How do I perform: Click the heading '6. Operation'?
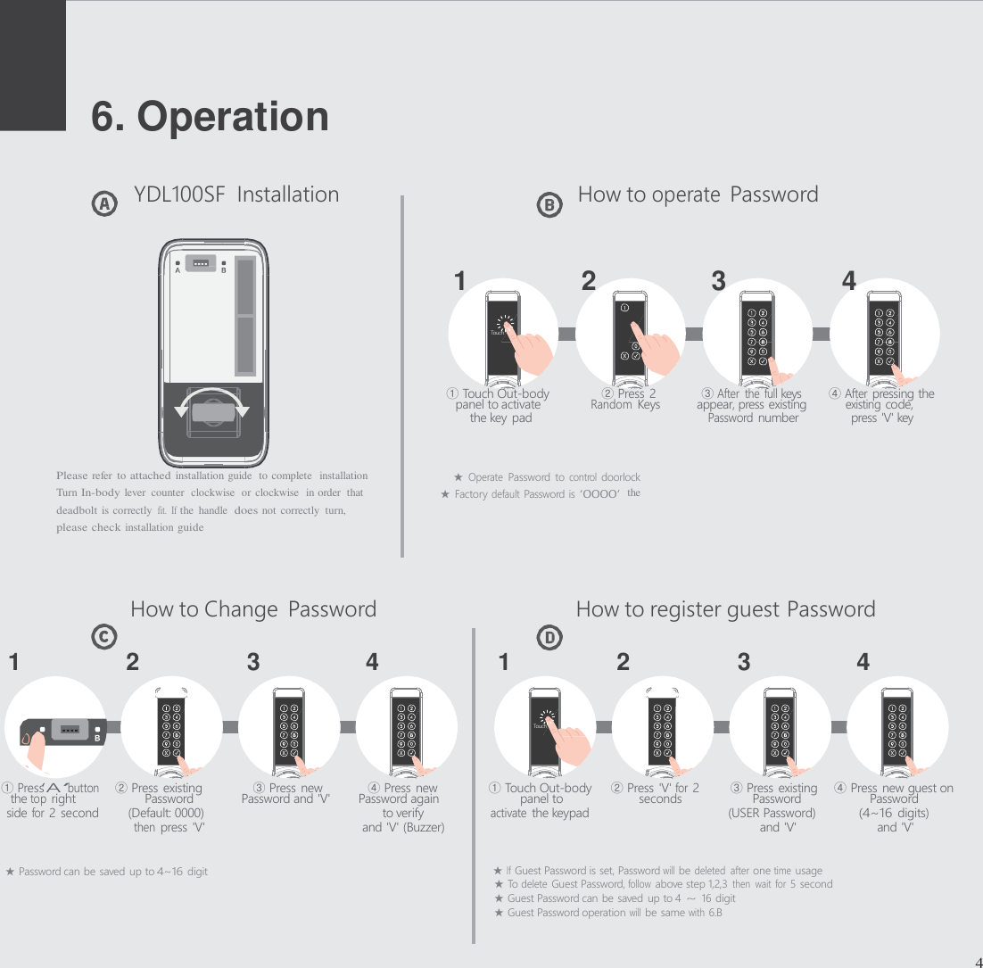(211, 117)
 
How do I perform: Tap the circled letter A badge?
(105, 204)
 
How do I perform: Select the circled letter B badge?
(549, 205)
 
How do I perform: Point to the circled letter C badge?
(105, 637)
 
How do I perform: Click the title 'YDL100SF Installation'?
(235, 194)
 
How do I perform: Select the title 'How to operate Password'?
(698, 194)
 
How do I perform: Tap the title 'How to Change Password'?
(253, 609)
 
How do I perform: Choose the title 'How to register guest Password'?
(725, 609)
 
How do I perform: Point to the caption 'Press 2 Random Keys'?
(626, 400)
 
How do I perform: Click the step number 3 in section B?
(718, 282)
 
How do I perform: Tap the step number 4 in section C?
(372, 663)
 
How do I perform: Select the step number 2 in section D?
(623, 663)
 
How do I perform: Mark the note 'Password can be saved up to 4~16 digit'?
(107, 871)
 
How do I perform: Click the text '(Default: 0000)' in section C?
(166, 813)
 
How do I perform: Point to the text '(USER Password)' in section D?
(772, 813)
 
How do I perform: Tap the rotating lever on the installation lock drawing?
(211, 411)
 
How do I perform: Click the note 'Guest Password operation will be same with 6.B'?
(608, 912)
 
